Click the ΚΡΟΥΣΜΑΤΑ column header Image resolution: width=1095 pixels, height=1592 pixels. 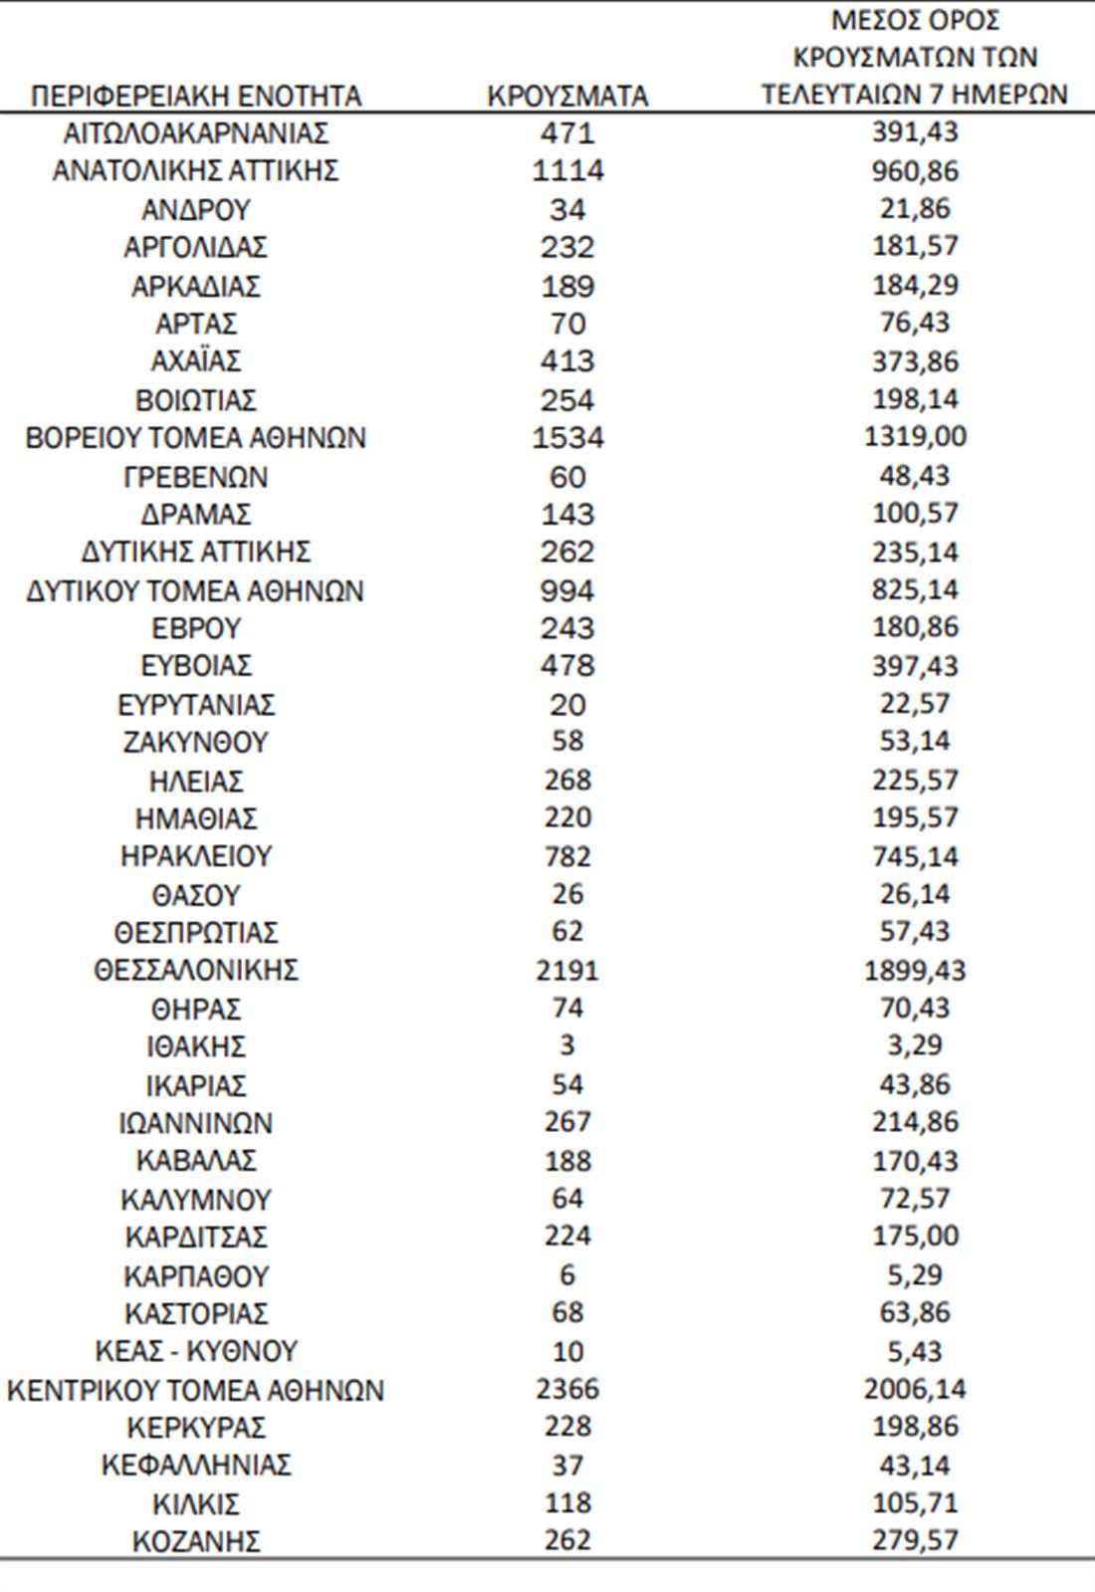point(567,96)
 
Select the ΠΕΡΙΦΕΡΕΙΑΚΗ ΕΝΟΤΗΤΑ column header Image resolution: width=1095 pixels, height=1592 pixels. point(196,96)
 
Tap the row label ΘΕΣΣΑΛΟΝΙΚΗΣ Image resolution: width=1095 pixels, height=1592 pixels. point(196,970)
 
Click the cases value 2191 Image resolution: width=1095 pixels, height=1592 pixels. point(567,970)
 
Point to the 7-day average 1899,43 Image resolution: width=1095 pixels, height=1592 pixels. point(915,970)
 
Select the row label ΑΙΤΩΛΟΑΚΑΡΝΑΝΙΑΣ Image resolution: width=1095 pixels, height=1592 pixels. point(196,132)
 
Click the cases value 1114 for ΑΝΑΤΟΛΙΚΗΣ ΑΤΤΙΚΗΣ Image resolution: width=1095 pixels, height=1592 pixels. point(567,170)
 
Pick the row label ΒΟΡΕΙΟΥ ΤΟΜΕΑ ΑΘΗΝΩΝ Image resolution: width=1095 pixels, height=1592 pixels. point(196,438)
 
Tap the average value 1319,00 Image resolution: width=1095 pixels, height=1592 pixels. point(915,437)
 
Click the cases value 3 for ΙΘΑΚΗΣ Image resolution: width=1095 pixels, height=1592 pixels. point(567,1045)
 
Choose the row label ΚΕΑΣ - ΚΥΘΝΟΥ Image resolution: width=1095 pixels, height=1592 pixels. point(196,1351)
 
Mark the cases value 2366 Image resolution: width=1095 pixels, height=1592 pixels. point(567,1389)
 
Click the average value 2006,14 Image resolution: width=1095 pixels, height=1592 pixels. point(915,1389)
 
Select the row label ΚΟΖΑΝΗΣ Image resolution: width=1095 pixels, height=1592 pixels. point(196,1541)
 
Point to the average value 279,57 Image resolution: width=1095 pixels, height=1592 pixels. point(915,1540)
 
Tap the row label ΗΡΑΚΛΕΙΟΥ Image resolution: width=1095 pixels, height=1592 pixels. point(196,856)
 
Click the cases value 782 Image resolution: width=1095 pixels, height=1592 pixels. point(567,856)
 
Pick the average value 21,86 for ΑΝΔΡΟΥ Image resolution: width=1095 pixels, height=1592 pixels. point(915,209)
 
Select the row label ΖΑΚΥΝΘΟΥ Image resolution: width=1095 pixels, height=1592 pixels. point(196,743)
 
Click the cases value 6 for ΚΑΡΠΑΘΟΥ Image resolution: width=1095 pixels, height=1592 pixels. point(567,1275)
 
